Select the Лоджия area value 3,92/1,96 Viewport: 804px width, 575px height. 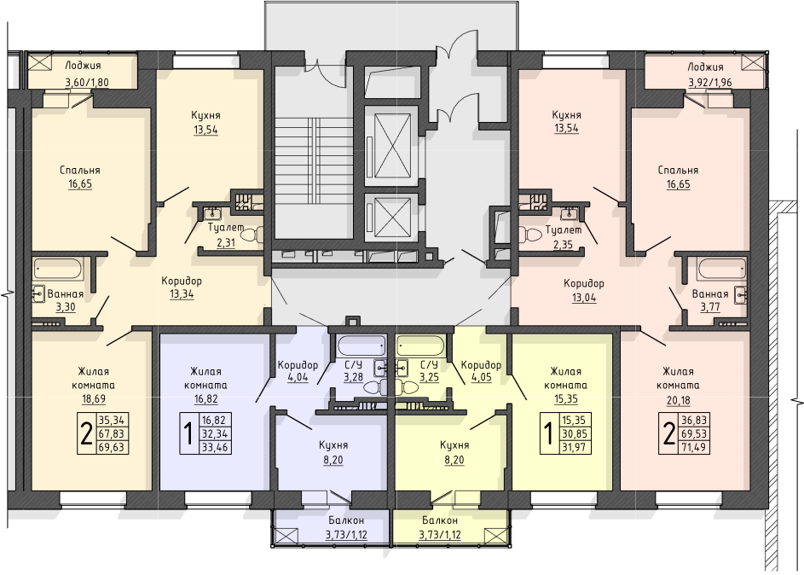709,82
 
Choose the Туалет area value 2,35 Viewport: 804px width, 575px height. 563,245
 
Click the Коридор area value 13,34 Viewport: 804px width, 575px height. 182,294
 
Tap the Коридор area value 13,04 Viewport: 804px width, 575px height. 584,297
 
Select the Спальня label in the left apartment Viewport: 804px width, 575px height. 80,171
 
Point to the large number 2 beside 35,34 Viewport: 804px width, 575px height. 87,433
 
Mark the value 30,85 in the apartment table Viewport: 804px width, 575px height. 576,433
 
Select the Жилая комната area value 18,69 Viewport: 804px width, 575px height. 93,399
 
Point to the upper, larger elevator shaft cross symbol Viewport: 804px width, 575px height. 393,146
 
